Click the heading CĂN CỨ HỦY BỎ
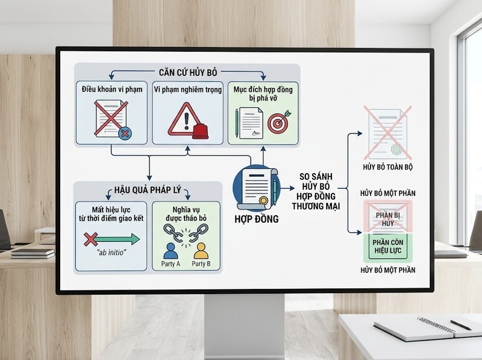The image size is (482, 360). [x=188, y=72]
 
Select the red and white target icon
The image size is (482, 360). [x=278, y=123]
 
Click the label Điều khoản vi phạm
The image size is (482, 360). [x=112, y=89]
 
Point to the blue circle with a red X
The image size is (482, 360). [x=125, y=133]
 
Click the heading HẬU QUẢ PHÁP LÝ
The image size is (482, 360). [x=148, y=190]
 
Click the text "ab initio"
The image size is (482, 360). [x=111, y=253]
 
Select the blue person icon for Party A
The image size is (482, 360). [x=171, y=251]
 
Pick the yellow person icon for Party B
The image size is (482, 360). [x=201, y=251]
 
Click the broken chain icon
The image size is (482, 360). [x=186, y=233]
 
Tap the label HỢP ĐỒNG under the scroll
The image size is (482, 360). [x=257, y=219]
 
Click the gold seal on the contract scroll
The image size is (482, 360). [x=263, y=201]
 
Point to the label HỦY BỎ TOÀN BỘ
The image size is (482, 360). [x=387, y=167]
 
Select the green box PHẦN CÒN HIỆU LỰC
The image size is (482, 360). [x=387, y=247]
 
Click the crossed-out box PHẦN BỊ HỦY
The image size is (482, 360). [x=387, y=216]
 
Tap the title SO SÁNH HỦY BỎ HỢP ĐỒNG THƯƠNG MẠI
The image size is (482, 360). [x=316, y=191]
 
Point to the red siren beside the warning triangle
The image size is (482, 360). [x=200, y=131]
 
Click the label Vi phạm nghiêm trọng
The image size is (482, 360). [x=187, y=89]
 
